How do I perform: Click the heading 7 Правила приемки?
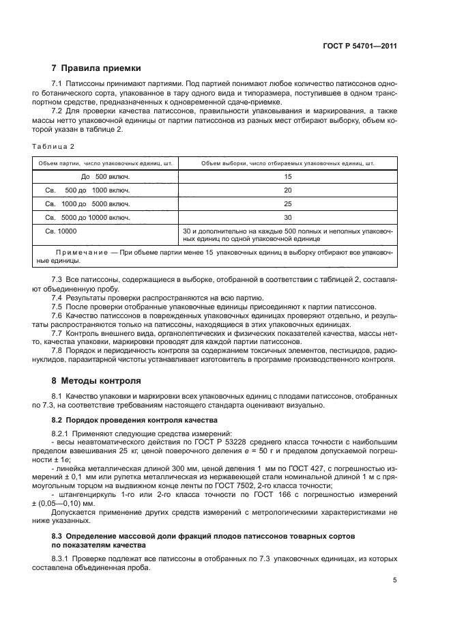96,68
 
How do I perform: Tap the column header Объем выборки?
287,163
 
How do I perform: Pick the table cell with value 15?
287,176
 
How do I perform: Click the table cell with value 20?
287,190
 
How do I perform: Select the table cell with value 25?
287,203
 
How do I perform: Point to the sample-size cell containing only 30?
287,217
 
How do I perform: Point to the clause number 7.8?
57,350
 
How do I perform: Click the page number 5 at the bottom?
394,580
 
